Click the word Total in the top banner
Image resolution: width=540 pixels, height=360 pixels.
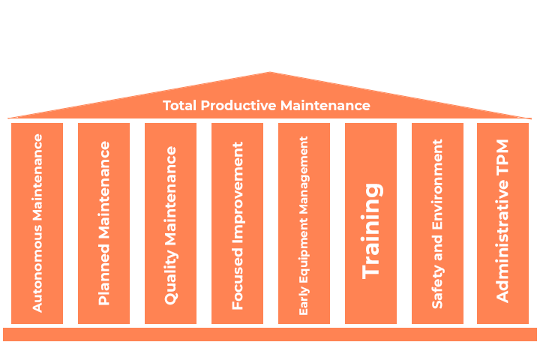tap(180, 106)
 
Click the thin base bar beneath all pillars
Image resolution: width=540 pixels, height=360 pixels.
tap(270, 334)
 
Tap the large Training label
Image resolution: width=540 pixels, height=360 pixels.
tap(371, 229)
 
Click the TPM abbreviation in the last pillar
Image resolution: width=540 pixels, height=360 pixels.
tap(502, 159)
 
